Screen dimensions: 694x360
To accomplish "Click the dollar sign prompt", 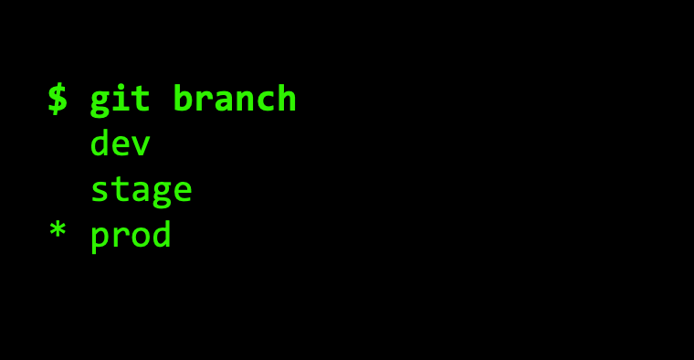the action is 58,100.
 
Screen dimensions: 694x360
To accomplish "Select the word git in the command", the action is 120,100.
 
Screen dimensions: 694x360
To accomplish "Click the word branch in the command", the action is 234,98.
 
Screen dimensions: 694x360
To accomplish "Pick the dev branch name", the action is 120,143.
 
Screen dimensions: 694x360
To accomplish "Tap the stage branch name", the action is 142,191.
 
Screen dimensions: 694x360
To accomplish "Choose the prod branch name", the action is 131,236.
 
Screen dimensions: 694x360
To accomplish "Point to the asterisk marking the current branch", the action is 58,230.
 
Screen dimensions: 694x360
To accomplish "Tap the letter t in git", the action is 141,100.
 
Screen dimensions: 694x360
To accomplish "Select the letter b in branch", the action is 183,98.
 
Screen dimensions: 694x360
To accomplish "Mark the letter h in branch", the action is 287,98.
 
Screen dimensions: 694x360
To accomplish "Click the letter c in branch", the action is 266,101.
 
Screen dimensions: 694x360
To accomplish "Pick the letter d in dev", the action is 100,143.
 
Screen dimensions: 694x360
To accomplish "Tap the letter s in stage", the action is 100,191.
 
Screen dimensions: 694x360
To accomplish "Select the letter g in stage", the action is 162,195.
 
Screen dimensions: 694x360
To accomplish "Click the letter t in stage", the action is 120,189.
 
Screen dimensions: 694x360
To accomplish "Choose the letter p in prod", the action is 100,239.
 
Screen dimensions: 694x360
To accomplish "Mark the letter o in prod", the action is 142,237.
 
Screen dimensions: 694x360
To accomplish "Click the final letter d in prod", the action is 161,233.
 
